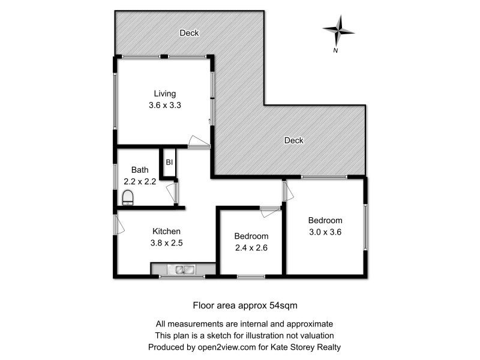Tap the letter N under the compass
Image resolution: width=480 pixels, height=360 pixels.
335,50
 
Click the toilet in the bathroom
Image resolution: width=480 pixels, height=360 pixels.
128,197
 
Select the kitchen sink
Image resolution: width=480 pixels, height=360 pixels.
182,269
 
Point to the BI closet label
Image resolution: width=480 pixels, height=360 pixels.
169,162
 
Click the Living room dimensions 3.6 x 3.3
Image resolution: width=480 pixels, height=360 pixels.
165,104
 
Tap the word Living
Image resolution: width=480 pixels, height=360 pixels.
165,94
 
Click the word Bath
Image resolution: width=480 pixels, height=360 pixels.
139,170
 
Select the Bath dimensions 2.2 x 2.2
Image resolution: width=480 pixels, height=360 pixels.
140,181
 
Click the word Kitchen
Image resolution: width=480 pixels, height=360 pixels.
166,232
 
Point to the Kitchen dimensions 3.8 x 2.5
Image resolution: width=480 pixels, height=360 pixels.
167,243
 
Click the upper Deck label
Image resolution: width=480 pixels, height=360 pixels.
189,33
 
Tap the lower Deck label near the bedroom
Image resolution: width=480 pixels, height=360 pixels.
293,140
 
